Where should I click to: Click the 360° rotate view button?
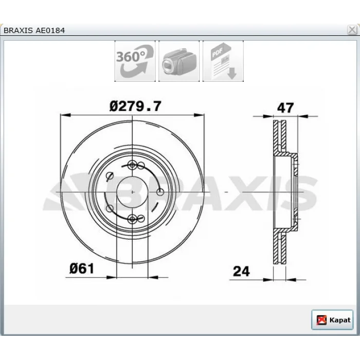click(x=135, y=61)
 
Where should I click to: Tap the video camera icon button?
click(x=179, y=61)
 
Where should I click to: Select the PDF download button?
click(x=223, y=61)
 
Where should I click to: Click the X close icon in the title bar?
click(x=352, y=30)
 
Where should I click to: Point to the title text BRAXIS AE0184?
click(x=34, y=30)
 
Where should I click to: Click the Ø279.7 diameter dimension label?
click(x=135, y=106)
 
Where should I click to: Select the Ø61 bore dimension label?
click(x=82, y=268)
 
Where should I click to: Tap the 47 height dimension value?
click(x=285, y=108)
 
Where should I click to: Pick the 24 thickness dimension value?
click(x=241, y=272)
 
